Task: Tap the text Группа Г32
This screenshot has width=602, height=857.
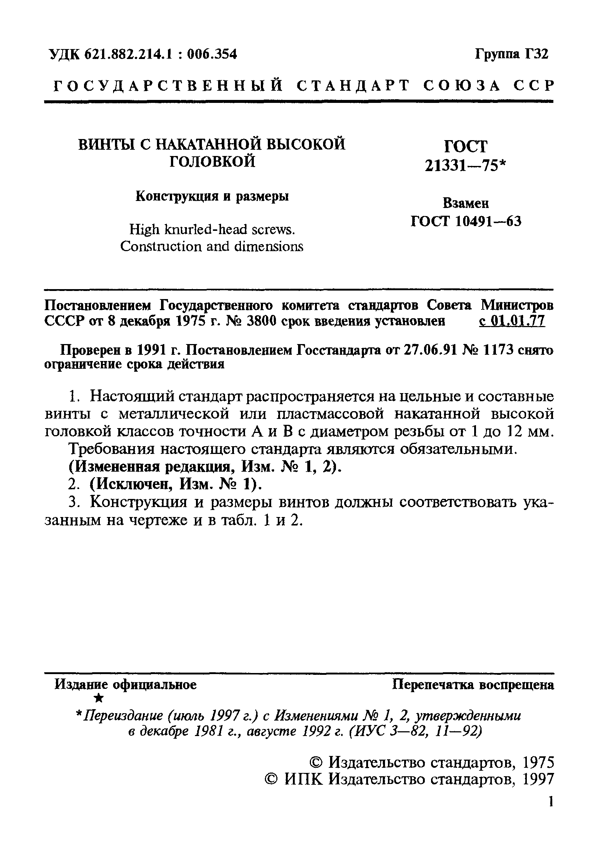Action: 511,55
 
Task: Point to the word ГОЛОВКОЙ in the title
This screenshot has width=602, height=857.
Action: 212,162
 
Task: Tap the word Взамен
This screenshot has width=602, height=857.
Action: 465,204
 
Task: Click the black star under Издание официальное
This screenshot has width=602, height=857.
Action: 99,698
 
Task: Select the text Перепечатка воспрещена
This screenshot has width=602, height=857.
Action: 473,685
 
